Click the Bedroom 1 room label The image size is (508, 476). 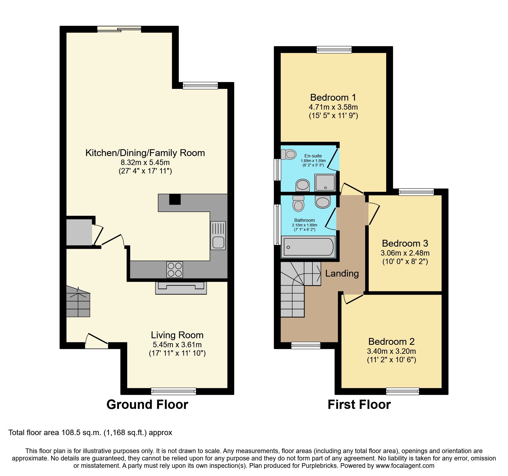pos(333,97)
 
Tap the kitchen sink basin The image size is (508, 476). pos(218,242)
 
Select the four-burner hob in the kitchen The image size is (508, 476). pos(175,270)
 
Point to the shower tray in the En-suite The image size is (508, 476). pos(325,182)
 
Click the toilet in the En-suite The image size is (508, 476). pos(288,154)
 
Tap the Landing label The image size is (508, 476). pos(342,273)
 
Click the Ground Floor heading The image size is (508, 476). pos(147,404)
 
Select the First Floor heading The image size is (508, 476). pos(359,404)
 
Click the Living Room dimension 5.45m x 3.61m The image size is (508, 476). pos(177,345)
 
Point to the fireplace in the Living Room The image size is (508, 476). pos(181,288)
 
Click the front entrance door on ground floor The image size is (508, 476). pos(96,343)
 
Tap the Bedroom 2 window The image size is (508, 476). pos(402,391)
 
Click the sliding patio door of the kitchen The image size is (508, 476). pos(119,29)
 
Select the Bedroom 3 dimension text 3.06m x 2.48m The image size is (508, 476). pos(405,253)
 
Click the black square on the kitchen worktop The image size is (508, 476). pos(175,199)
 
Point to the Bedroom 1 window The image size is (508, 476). pos(334,49)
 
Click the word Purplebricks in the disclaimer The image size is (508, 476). pos(319,466)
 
